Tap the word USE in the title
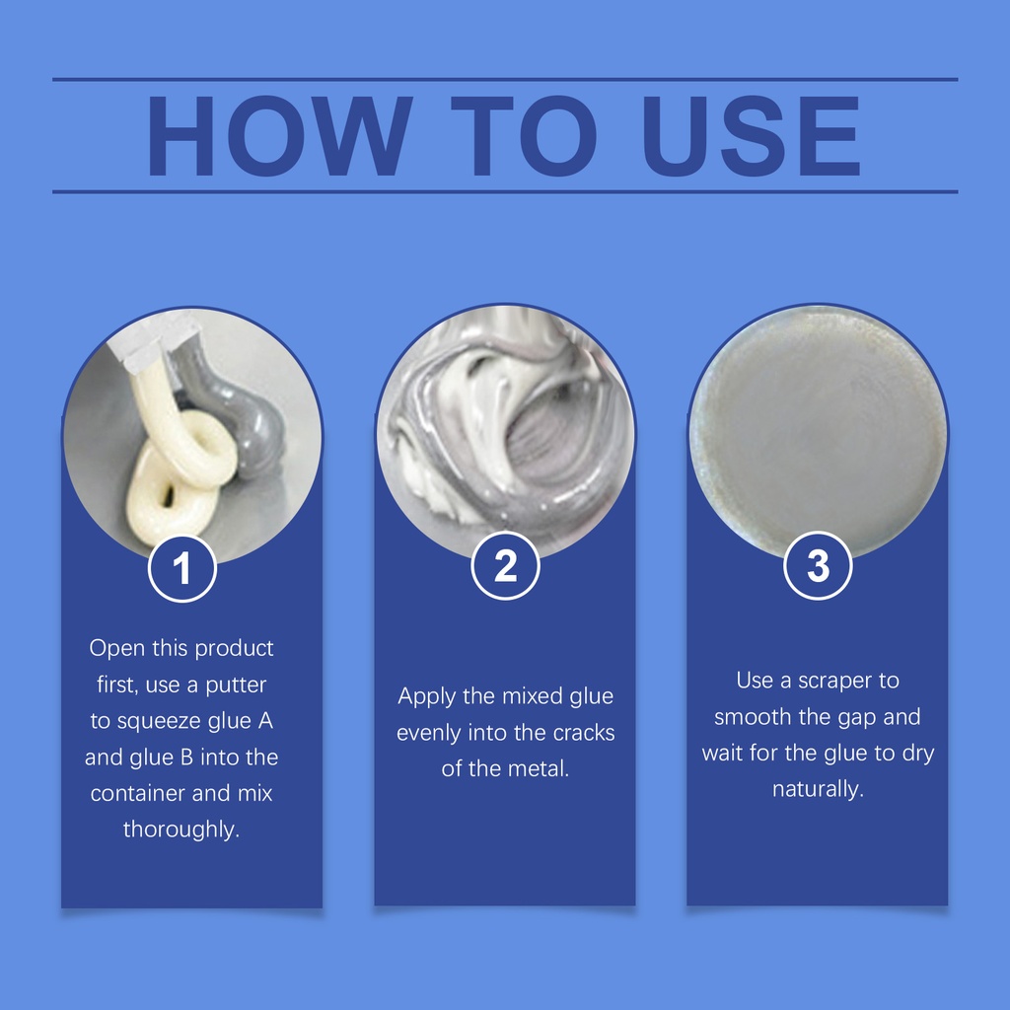(x=751, y=136)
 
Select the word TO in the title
(x=523, y=136)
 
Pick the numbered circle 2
(x=506, y=566)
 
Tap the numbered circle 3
(x=818, y=565)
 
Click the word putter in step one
(x=236, y=685)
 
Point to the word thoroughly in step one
(x=181, y=830)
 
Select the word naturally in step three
(x=818, y=790)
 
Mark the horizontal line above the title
(x=505, y=79)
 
